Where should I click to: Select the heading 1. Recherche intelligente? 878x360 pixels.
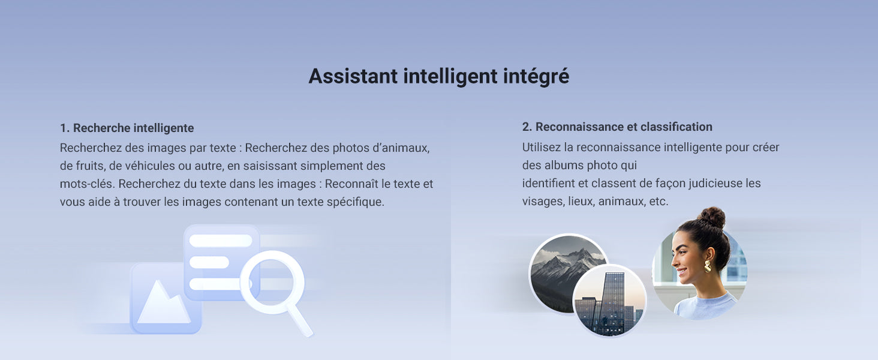[x=127, y=128]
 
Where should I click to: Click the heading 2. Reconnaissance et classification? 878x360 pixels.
[x=617, y=127]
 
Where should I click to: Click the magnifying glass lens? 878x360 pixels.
[x=272, y=281]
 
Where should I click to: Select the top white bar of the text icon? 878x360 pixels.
[x=221, y=241]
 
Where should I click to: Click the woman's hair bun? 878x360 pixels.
[x=712, y=217]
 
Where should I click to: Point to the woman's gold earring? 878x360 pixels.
[x=708, y=266]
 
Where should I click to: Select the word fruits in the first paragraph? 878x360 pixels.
[x=88, y=166]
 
